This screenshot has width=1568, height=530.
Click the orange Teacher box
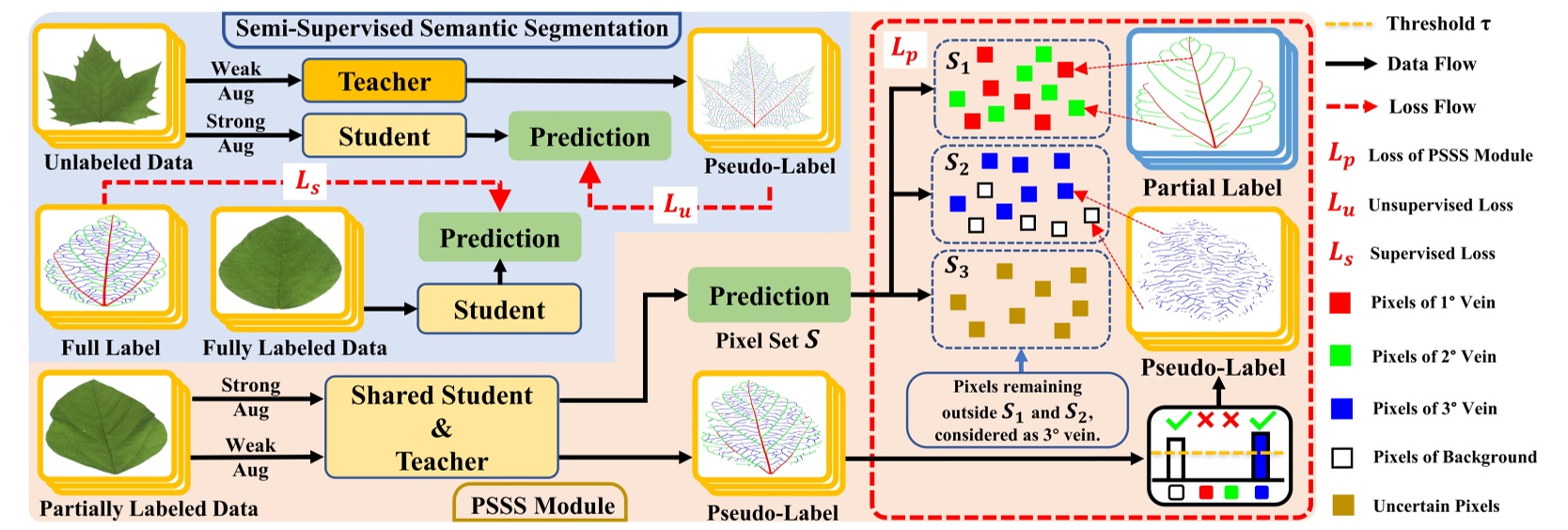click(384, 81)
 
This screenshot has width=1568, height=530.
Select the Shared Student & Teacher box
click(442, 428)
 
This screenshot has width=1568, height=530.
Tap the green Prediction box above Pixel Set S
click(769, 295)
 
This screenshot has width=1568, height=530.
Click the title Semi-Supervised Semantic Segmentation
click(451, 28)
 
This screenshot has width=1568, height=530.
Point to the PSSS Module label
click(542, 506)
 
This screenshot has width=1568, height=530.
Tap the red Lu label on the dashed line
click(677, 204)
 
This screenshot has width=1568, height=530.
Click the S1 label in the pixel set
click(957, 62)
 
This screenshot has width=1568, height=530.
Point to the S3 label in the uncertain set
click(956, 267)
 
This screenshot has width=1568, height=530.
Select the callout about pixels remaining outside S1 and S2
click(1017, 411)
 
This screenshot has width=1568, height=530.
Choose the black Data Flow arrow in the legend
click(1351, 64)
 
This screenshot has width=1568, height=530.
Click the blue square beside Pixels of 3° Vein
click(1341, 408)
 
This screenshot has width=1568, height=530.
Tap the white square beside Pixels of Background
click(1341, 458)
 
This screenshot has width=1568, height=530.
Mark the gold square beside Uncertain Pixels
click(1342, 506)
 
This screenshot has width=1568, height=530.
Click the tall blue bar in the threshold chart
click(1261, 456)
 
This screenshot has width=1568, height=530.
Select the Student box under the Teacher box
click(384, 136)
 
